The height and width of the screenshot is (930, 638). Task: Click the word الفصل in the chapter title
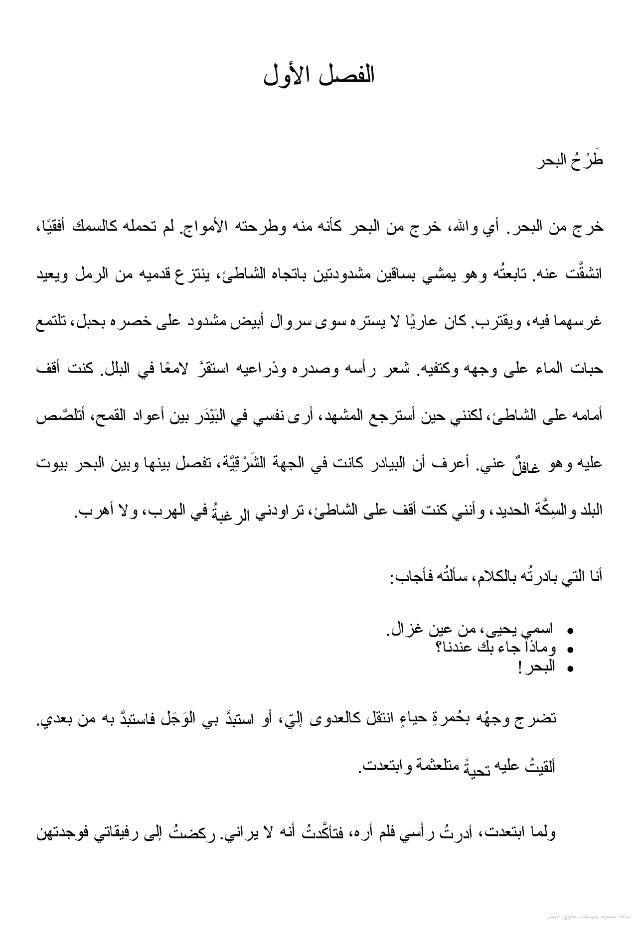(x=349, y=75)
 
